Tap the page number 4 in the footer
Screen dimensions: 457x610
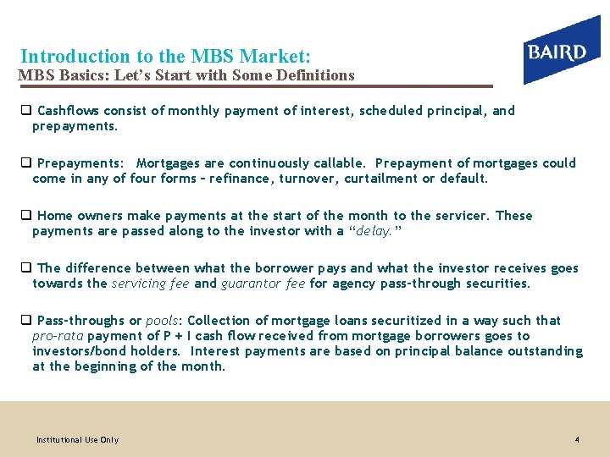[577, 440]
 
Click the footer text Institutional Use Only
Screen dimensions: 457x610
[77, 440]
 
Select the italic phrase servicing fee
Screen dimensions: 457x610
[150, 284]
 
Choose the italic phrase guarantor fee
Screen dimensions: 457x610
[263, 284]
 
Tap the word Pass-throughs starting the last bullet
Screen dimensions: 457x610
[79, 321]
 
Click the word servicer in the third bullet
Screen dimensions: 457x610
[458, 216]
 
